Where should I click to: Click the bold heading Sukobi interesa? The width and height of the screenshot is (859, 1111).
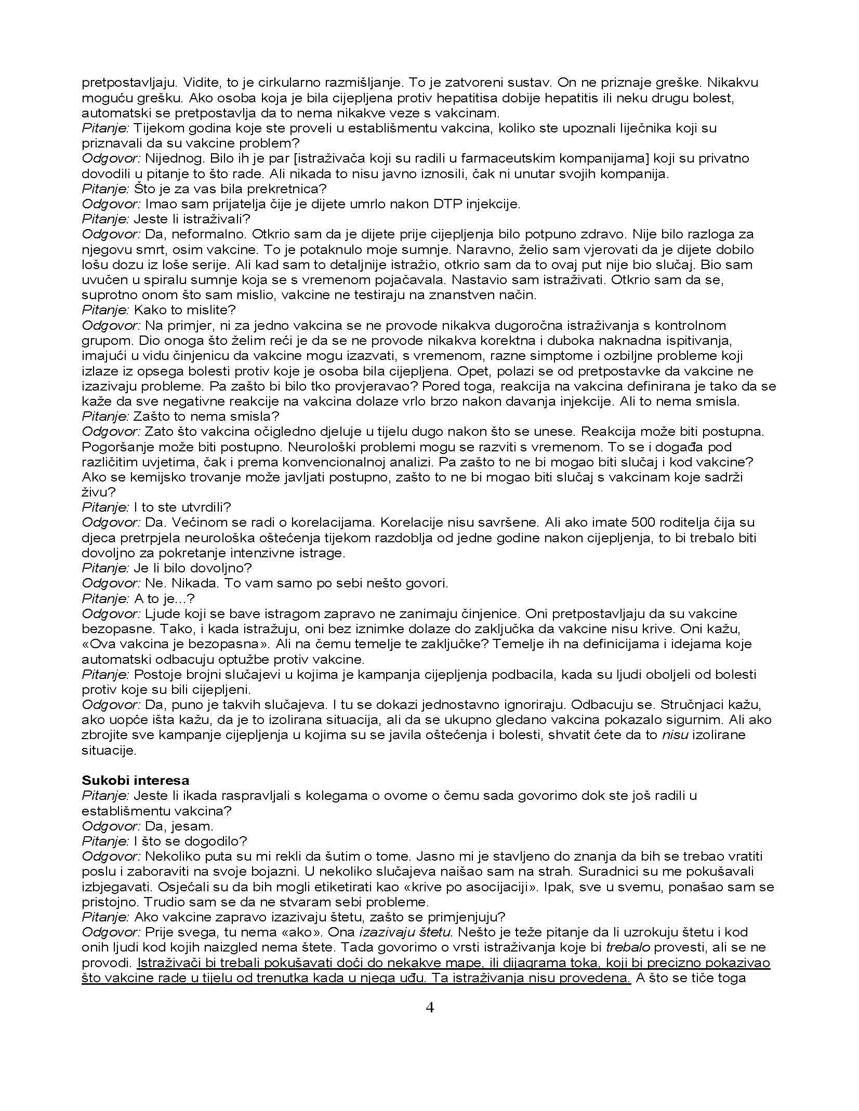click(x=135, y=780)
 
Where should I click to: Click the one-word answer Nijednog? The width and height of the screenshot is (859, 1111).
click(x=166, y=158)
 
